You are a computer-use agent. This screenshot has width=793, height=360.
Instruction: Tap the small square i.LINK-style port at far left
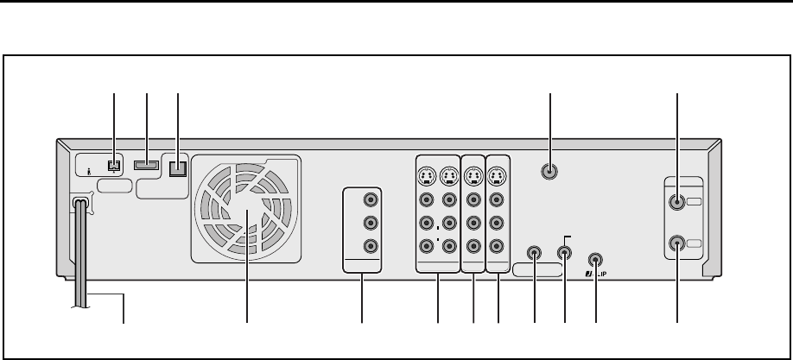point(113,164)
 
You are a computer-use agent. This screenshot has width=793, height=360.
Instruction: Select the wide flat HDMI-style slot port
point(147,164)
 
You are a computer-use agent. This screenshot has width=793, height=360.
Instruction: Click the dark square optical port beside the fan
point(176,167)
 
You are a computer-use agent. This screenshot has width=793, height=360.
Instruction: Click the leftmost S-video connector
point(427,178)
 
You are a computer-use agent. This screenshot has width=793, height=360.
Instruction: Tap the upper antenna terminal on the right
point(677,203)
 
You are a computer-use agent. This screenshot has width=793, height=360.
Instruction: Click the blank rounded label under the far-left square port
point(116,185)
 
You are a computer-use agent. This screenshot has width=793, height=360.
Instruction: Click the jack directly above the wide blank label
point(535,255)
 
